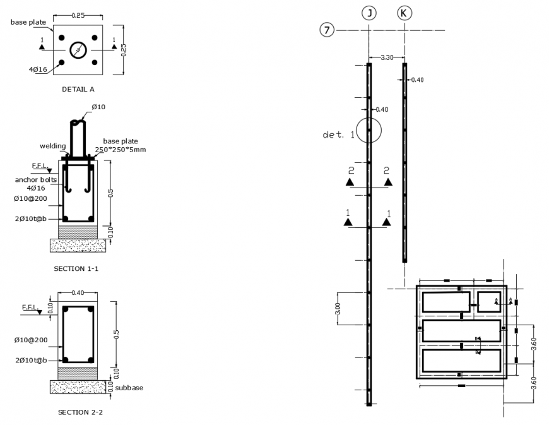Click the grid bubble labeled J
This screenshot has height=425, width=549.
369,12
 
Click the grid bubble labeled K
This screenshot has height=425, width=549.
404,12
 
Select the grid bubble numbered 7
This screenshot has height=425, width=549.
326,30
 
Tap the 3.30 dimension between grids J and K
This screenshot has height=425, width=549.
386,57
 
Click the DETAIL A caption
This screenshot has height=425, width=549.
78,89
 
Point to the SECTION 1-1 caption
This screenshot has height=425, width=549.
78,268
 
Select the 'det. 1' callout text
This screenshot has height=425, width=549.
336,135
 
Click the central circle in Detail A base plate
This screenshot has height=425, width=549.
78,50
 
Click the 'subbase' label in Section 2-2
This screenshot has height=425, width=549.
129,387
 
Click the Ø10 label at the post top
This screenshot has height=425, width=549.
98,107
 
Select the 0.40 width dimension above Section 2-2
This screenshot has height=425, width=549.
78,292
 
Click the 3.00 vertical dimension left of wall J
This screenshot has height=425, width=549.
338,309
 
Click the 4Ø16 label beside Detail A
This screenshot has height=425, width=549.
38,69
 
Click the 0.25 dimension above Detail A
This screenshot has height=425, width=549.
78,14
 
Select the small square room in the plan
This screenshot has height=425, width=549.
489,302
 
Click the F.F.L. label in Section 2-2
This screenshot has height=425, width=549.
32,307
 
